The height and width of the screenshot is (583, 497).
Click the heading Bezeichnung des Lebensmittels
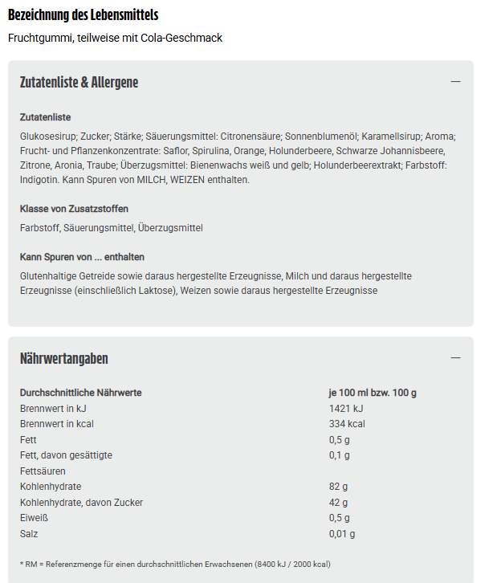tap(83, 15)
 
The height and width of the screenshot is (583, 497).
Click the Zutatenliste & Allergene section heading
tap(79, 82)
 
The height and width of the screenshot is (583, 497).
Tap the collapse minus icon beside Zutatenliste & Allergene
tap(455, 82)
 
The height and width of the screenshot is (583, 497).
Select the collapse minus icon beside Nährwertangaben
tap(455, 358)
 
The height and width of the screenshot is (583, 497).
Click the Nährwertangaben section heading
tap(64, 358)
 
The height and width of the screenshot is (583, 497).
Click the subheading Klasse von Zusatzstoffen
tap(74, 209)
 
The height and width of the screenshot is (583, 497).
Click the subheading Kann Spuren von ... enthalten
tap(82, 257)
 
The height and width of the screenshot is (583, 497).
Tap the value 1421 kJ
tap(346, 408)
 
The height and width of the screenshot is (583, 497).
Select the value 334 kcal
tap(347, 424)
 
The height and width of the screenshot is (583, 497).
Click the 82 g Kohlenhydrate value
tap(338, 487)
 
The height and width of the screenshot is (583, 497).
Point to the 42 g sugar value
tap(338, 503)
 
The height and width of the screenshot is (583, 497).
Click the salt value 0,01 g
tap(342, 534)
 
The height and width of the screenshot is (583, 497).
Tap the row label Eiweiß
tap(33, 518)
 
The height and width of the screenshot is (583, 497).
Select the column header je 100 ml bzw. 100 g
tap(373, 393)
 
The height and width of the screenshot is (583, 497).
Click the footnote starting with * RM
tap(175, 564)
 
